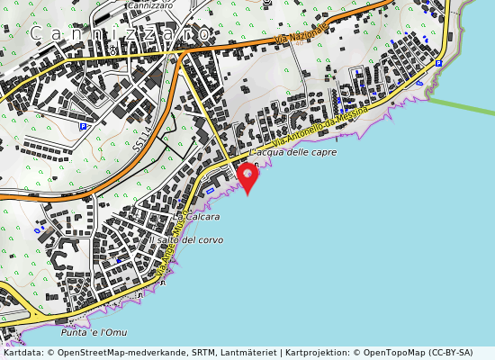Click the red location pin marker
tap(247, 175)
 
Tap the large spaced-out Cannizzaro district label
tap(122, 34)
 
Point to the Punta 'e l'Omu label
tap(102, 332)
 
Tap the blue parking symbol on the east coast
tap(438, 63)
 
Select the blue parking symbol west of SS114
tap(83, 127)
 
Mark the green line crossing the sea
tap(459, 105)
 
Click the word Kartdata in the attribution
tap(21, 354)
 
